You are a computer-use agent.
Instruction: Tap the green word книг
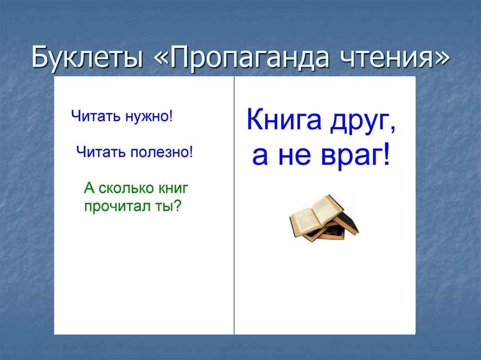point(170,189)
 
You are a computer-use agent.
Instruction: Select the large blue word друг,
point(362,122)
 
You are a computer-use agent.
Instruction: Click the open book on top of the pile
point(315,214)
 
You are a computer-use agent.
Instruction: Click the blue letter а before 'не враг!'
point(261,157)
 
